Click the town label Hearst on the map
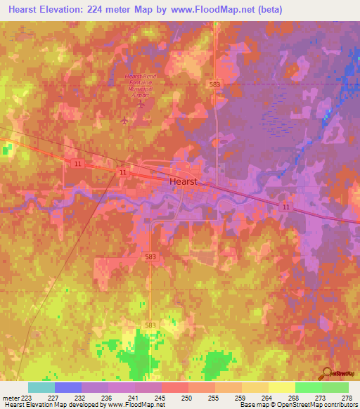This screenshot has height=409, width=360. coord(184,181)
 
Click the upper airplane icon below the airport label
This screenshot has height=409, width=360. coord(141,104)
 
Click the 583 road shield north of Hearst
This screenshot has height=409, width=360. coord(215,84)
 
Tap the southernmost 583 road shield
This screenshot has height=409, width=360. coord(150,325)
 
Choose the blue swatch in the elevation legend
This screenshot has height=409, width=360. coord(67,387)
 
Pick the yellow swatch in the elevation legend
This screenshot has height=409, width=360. coord(281,387)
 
